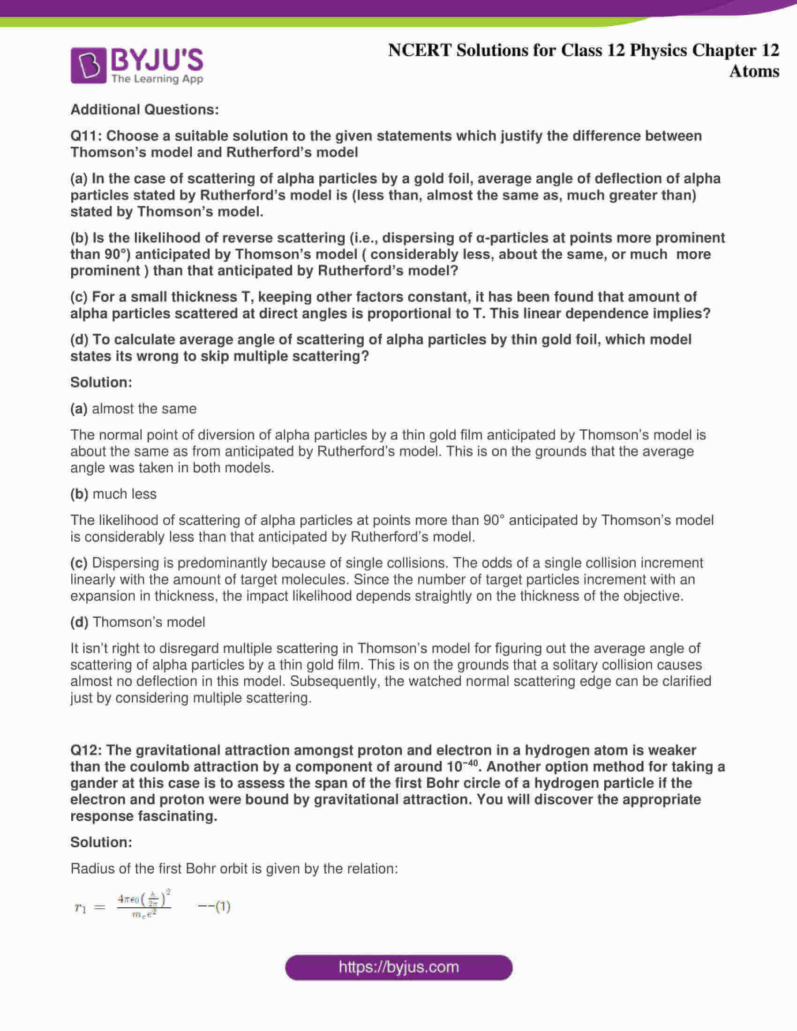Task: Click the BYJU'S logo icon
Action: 89,66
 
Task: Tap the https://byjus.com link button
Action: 398,967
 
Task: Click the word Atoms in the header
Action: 754,71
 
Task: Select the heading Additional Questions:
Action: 144,110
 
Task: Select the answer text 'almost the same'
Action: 144,408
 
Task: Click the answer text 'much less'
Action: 124,494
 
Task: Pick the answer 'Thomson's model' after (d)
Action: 149,622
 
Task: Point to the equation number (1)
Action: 222,906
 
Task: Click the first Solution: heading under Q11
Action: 101,382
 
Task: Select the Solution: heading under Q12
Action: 101,842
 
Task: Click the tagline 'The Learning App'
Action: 157,79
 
